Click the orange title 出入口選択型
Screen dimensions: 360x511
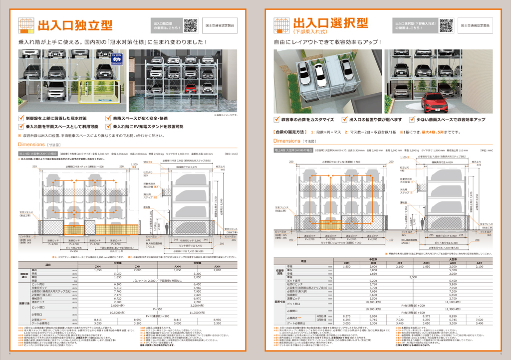click(x=330, y=23)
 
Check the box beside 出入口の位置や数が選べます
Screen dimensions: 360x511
click(x=345, y=120)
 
